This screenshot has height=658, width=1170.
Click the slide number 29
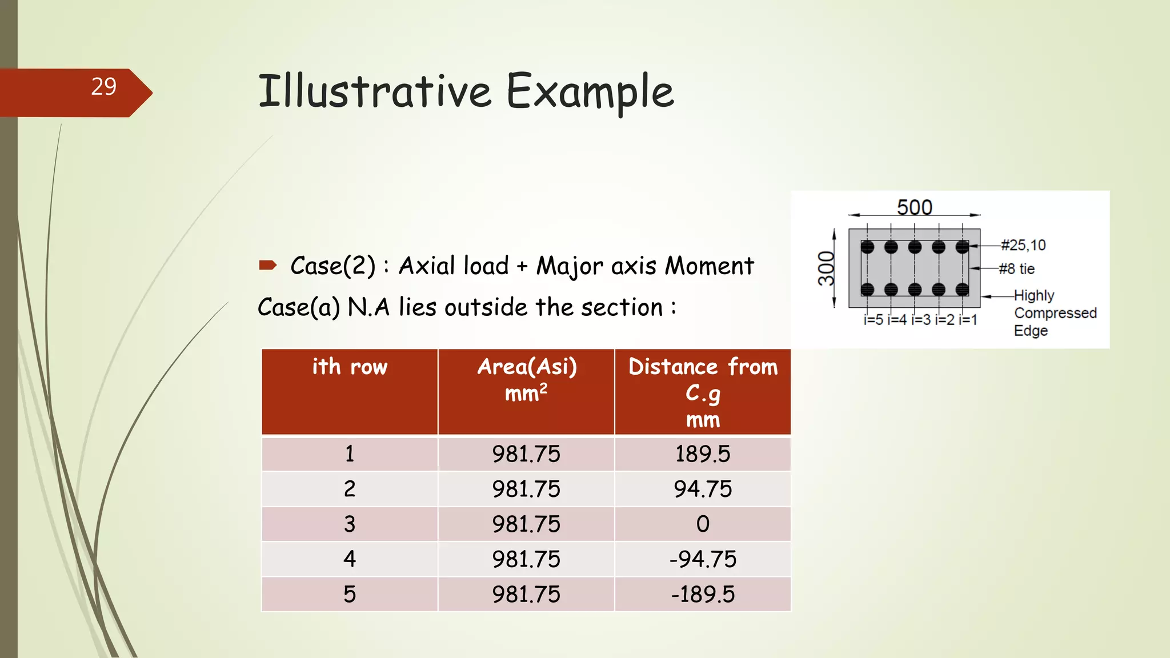tap(103, 87)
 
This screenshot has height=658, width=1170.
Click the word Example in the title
tap(590, 91)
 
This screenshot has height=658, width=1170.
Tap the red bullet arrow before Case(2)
tap(267, 265)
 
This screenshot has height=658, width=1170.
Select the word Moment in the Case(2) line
tap(710, 266)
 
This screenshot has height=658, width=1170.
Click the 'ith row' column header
tap(350, 367)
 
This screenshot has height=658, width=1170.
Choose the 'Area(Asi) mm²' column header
tap(526, 379)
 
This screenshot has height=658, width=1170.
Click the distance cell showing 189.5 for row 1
tap(703, 454)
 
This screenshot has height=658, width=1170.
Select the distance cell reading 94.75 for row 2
tap(703, 489)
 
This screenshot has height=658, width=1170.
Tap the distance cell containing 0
tap(703, 524)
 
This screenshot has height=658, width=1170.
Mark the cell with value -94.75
tap(703, 559)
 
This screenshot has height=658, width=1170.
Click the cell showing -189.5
tap(703, 594)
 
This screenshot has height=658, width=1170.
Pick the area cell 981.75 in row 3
tap(526, 524)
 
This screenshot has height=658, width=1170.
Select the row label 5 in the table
tap(350, 594)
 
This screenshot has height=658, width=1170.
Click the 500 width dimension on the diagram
tap(914, 207)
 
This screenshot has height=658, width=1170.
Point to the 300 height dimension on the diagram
tap(826, 268)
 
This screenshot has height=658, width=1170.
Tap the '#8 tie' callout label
tap(1017, 268)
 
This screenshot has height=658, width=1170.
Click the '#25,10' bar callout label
tap(1023, 245)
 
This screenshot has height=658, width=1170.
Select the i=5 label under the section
tap(874, 320)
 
